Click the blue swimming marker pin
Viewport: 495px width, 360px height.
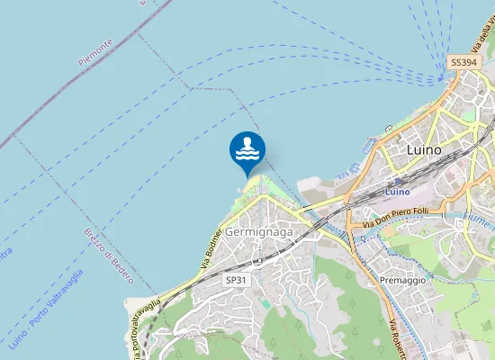click(247, 150)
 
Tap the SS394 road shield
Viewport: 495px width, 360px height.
click(462, 62)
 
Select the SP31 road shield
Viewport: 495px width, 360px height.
click(236, 281)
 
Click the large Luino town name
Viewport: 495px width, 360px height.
click(424, 149)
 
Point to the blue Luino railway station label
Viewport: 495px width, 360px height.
click(397, 192)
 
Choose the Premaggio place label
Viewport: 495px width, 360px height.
click(402, 281)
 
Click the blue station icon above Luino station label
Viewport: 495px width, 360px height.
click(397, 180)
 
